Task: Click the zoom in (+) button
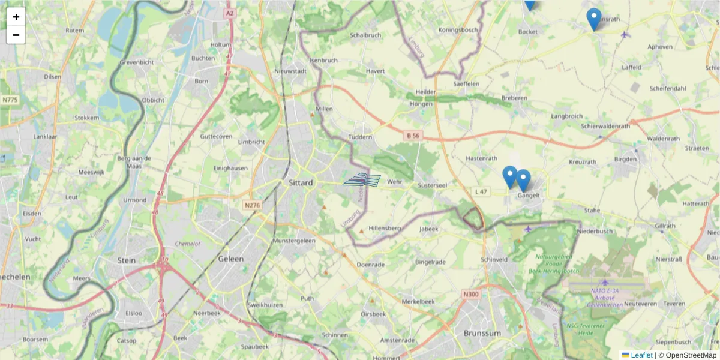[x=16, y=17]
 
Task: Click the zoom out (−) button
[x=16, y=35]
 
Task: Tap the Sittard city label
[x=301, y=182]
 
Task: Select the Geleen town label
[x=232, y=259]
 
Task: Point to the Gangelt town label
[x=524, y=195]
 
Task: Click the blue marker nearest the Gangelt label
[x=523, y=181]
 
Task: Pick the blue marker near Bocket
[x=529, y=4]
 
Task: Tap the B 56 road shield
[x=413, y=136]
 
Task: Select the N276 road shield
[x=252, y=205]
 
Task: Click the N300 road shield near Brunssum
[x=471, y=294]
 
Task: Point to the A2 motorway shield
[x=229, y=13]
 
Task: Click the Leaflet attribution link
[x=641, y=355]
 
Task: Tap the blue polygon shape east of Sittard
[x=362, y=180]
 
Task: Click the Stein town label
[x=127, y=260]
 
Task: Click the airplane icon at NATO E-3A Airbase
[x=604, y=282]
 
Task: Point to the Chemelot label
[x=187, y=244]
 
